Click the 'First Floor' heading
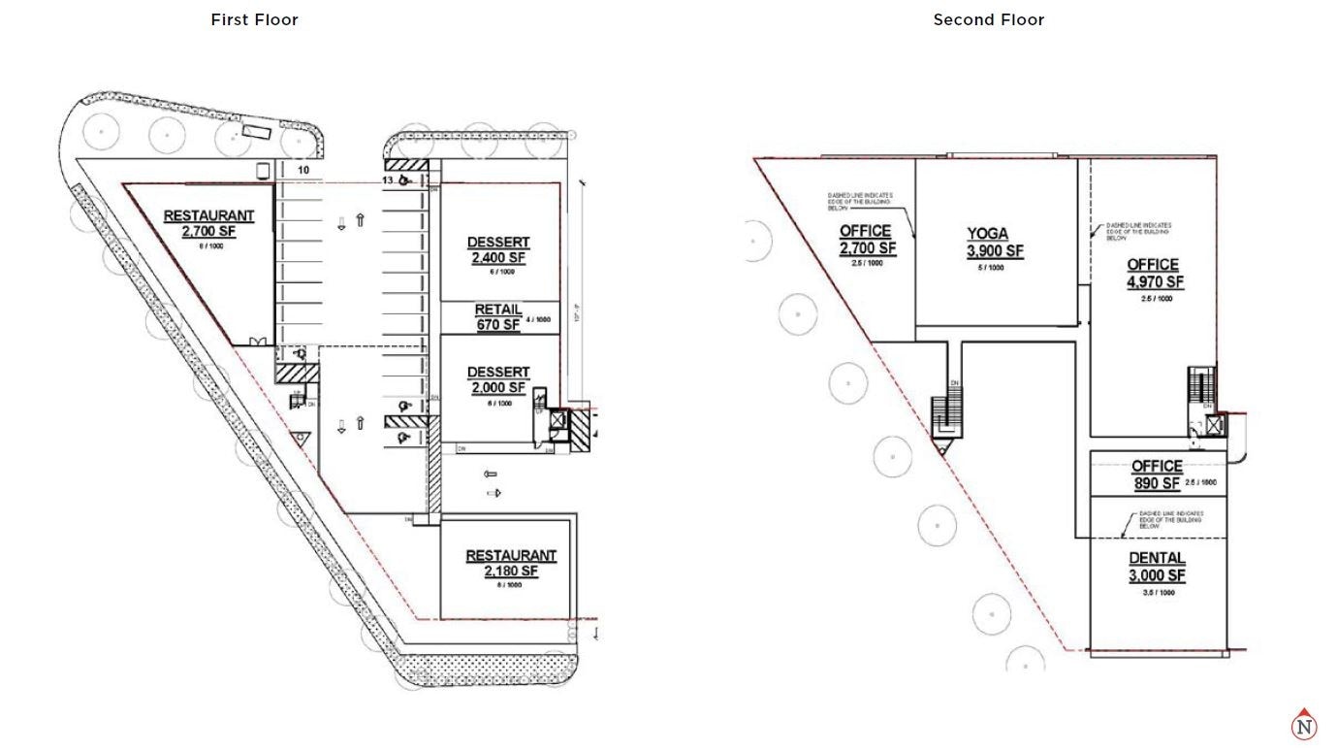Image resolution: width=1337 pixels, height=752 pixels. [254, 19]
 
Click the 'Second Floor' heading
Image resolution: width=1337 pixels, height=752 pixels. [988, 19]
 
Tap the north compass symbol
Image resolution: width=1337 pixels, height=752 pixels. [1304, 725]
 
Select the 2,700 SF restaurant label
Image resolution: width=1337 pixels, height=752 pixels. [208, 224]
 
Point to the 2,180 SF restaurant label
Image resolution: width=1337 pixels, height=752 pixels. [511, 564]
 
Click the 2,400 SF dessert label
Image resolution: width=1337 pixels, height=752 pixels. [498, 250]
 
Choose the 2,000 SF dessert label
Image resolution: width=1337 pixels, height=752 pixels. [498, 380]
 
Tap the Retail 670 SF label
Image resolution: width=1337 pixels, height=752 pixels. [498, 317]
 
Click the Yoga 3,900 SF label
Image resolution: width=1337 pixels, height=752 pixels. [987, 243]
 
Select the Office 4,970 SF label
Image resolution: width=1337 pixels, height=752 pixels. [1153, 274]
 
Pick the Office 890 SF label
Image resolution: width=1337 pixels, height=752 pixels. [1157, 474]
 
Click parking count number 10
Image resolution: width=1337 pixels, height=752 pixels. [303, 170]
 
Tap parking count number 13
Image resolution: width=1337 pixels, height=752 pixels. [387, 180]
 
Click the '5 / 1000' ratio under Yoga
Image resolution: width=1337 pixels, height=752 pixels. [987, 268]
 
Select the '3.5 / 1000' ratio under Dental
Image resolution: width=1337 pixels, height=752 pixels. [1159, 593]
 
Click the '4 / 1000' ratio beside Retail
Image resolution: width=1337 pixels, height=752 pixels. [538, 319]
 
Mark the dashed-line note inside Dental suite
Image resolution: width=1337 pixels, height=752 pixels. [1171, 519]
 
